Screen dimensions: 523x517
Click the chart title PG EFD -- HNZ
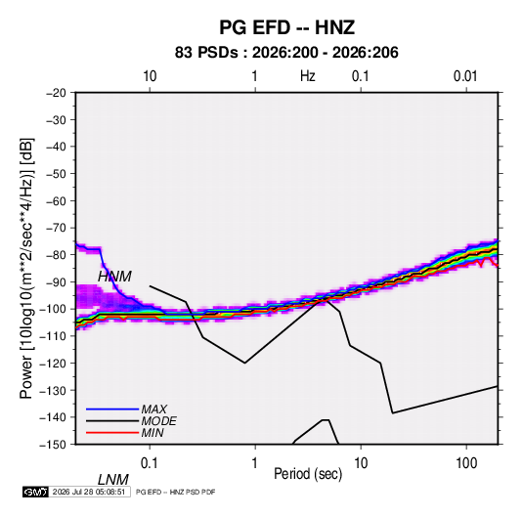tap(286, 27)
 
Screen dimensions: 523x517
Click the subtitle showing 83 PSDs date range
tap(286, 53)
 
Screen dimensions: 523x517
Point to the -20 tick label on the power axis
tap(56, 93)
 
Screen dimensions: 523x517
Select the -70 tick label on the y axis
tap(56, 228)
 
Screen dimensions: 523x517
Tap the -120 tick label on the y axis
tap(54, 364)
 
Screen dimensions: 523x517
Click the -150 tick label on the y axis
tap(54, 445)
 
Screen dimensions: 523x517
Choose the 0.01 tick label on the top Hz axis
tap(465, 76)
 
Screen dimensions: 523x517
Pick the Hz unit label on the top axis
tap(308, 76)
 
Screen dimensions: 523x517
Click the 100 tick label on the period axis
tap(466, 463)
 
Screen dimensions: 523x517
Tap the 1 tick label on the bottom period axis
tap(255, 463)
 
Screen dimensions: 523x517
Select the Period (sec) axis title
tap(308, 474)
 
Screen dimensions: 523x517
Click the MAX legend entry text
tap(154, 409)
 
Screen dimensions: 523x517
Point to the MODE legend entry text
tap(158, 421)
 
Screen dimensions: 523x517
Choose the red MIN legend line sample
tap(112, 433)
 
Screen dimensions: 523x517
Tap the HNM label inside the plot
tap(114, 277)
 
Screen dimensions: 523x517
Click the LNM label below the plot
tap(112, 480)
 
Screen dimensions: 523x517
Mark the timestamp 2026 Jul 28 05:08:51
tap(89, 492)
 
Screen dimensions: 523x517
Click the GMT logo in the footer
tap(36, 492)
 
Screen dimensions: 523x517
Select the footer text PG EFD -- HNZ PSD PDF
tap(176, 492)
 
